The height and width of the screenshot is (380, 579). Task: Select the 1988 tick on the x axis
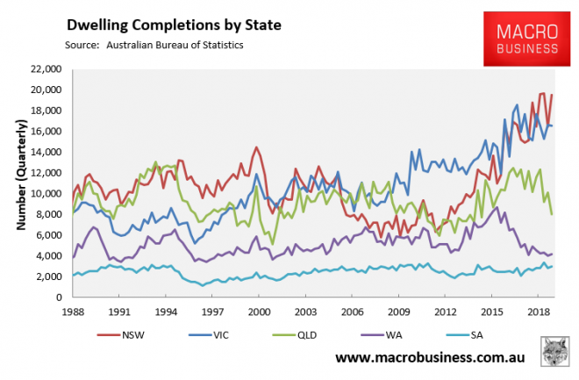click(73, 312)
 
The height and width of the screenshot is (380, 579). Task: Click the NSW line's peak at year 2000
click(255, 147)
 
